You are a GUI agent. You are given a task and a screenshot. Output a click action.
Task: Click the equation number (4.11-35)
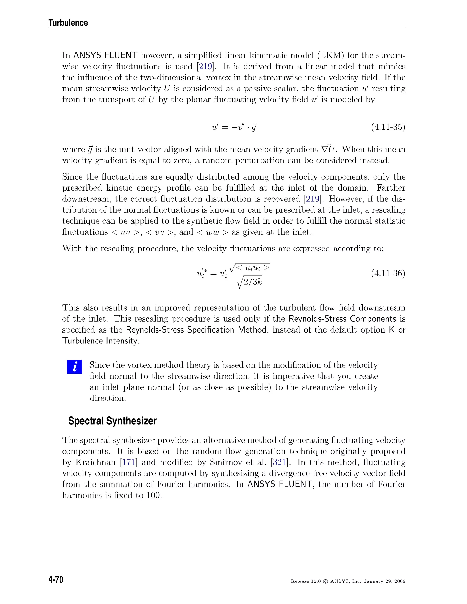(x=388, y=127)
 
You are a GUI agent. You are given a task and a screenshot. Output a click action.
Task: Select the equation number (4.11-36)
(x=388, y=273)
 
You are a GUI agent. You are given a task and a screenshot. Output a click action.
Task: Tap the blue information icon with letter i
(x=74, y=367)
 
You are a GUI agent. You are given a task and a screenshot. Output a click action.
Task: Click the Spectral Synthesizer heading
(x=112, y=421)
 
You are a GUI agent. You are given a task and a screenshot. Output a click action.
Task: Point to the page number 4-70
(x=56, y=580)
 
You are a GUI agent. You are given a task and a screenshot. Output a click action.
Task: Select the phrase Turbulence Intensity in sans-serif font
(x=100, y=341)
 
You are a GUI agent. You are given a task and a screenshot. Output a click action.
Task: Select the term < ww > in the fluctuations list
(x=213, y=232)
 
